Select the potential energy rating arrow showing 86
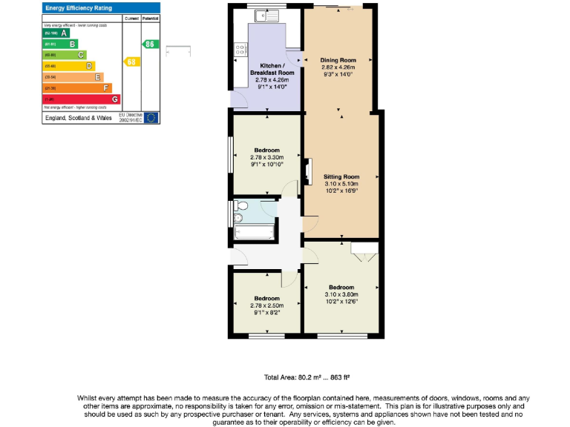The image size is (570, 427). tap(151, 44)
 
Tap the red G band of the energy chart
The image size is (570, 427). tap(82, 99)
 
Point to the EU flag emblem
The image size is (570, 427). tap(151, 117)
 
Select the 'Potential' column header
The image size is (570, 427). tap(151, 16)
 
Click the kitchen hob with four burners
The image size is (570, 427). tap(241, 50)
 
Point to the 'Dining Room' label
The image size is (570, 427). tap(338, 60)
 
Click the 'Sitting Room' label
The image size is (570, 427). tap(341, 176)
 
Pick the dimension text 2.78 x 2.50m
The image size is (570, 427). tap(267, 306)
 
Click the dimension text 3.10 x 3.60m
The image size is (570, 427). tap(341, 294)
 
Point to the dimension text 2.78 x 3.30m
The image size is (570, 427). tap(267, 157)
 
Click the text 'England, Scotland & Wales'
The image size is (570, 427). tap(79, 117)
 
